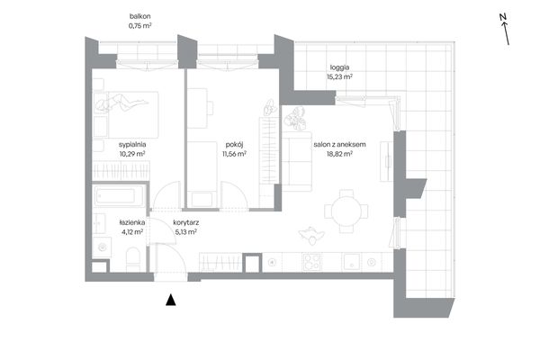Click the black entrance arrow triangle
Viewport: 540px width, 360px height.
tap(171, 300)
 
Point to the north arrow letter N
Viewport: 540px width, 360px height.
tap(503, 17)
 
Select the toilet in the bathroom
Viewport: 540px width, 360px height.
tap(133, 259)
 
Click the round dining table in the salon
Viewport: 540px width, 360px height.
tap(346, 211)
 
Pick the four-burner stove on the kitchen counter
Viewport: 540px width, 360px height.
tap(311, 262)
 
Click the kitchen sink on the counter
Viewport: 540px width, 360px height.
tap(351, 262)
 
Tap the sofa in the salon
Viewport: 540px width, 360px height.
tap(297, 161)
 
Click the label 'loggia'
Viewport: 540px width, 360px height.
tap(339, 67)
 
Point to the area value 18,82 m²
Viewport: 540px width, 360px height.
tap(339, 154)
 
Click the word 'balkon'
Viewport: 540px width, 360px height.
tap(139, 16)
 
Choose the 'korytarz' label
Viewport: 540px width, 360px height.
tap(186, 222)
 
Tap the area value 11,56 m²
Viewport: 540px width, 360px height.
tap(234, 154)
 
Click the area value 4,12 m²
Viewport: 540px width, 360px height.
tap(132, 232)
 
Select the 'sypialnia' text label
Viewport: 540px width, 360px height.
tap(132, 145)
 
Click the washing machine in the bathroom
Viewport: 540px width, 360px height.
tap(102, 247)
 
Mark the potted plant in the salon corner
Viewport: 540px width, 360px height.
tap(295, 119)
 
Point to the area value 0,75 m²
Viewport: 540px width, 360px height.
tap(139, 25)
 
